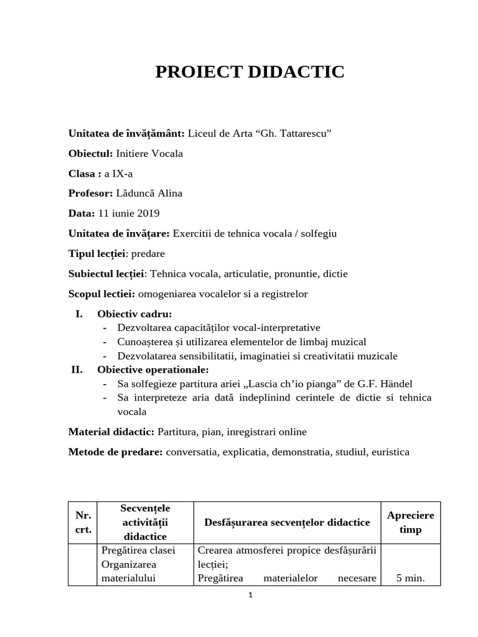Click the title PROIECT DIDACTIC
coord(249,72)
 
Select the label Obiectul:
coord(90,154)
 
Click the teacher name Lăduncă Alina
coord(149,193)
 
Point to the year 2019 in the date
coord(148,213)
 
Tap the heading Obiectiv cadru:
coord(134,314)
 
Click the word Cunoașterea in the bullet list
coord(146,342)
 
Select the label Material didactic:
coord(111,431)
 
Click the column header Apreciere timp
coord(410,523)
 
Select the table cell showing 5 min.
coord(410,578)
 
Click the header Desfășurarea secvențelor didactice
coord(287,523)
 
